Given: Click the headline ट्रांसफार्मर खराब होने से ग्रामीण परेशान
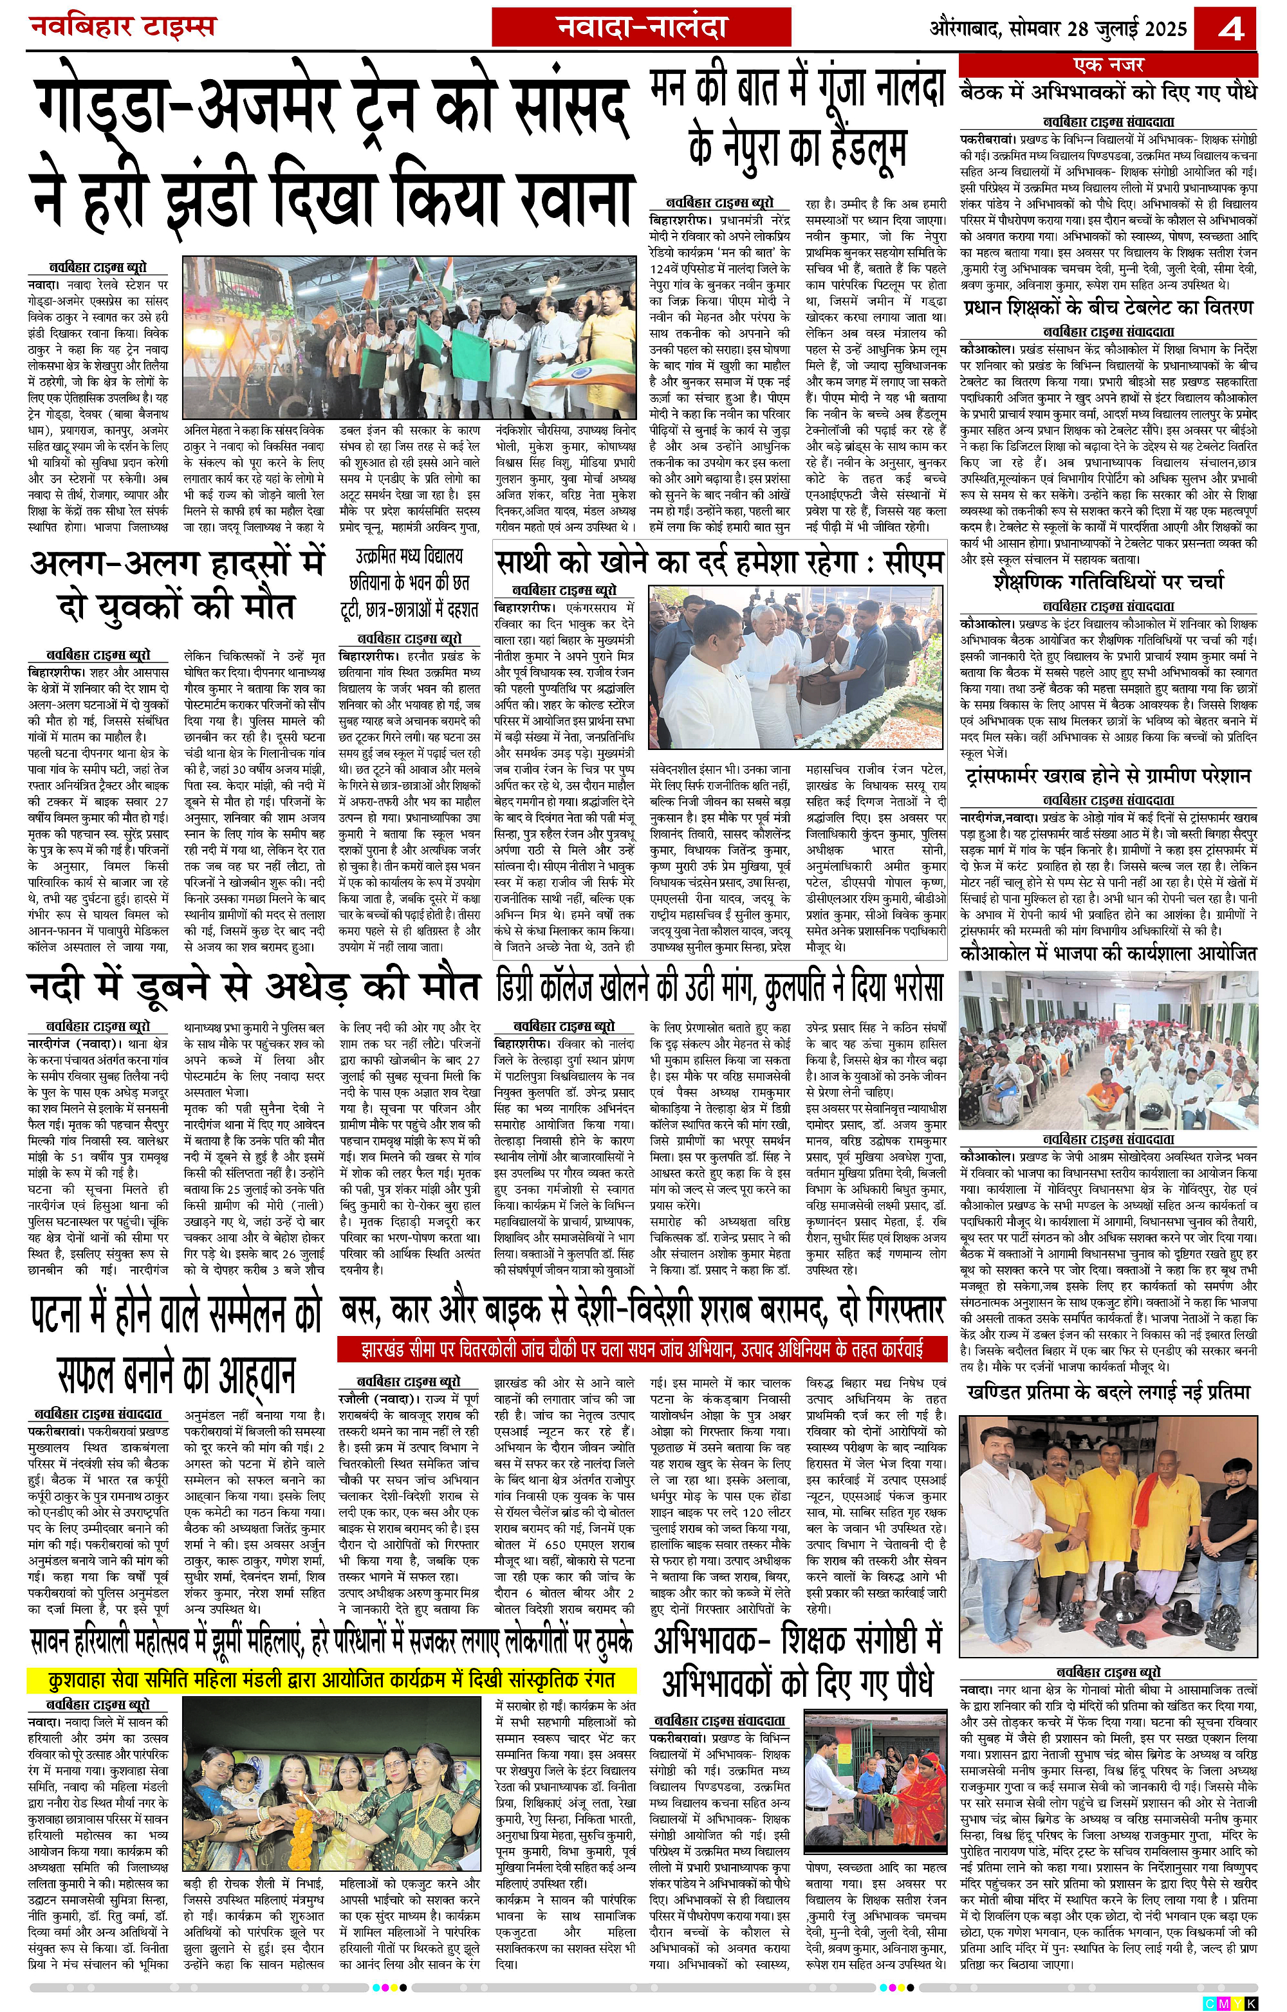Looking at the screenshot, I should [1108, 776].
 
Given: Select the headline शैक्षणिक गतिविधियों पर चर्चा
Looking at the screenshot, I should [1108, 581].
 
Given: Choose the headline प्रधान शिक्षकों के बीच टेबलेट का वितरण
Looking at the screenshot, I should [1108, 308].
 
